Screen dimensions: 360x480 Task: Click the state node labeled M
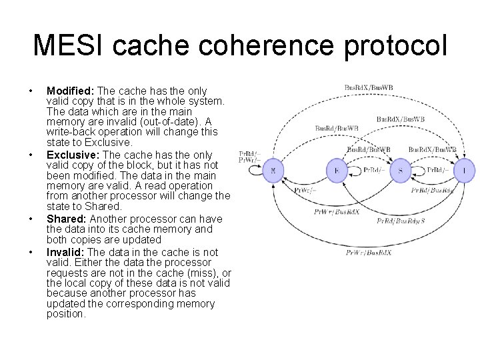pyautogui.click(x=273, y=171)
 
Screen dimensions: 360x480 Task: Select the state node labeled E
pyautogui.click(x=337, y=171)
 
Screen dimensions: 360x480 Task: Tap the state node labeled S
pyautogui.click(x=400, y=171)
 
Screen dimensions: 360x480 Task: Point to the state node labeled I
pyautogui.click(x=464, y=171)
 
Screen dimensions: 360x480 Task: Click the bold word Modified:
pyautogui.click(x=70, y=91)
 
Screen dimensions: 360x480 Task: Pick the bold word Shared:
pyautogui.click(x=67, y=218)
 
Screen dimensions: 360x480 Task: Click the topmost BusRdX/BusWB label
pyautogui.click(x=369, y=87)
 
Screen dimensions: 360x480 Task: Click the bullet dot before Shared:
pyautogui.click(x=31, y=219)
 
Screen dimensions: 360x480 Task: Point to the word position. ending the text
pyautogui.click(x=66, y=314)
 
